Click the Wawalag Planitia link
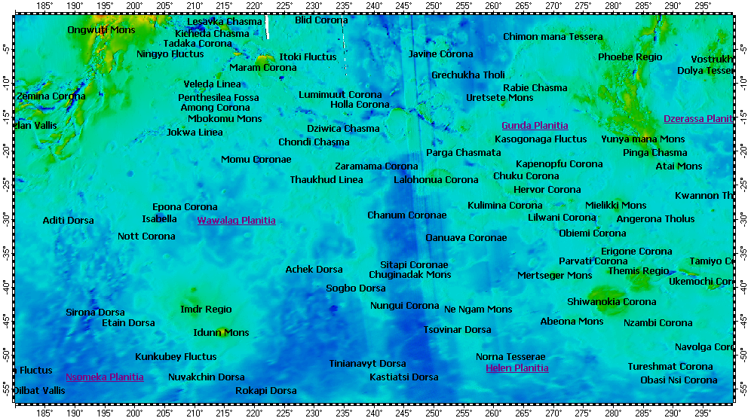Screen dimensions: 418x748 236,221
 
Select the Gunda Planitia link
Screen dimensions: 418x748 535,126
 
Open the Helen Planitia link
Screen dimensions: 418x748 517,368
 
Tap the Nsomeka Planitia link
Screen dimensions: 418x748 104,377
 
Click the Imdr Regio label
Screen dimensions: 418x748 206,310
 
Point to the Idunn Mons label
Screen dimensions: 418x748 221,333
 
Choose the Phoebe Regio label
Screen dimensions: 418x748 630,57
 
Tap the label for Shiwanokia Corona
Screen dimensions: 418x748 612,302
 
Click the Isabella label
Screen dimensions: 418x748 160,219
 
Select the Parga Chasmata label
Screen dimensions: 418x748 463,153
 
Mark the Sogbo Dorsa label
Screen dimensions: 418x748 356,288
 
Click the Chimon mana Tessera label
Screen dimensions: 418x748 553,37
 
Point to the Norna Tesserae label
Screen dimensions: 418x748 510,357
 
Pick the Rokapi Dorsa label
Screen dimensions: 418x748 266,391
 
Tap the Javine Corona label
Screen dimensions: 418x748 441,54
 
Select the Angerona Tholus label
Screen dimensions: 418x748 655,219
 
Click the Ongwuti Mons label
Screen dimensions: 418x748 101,30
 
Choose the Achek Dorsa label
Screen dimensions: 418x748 314,270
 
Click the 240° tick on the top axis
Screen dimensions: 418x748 374,6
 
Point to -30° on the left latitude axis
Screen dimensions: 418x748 6,220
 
